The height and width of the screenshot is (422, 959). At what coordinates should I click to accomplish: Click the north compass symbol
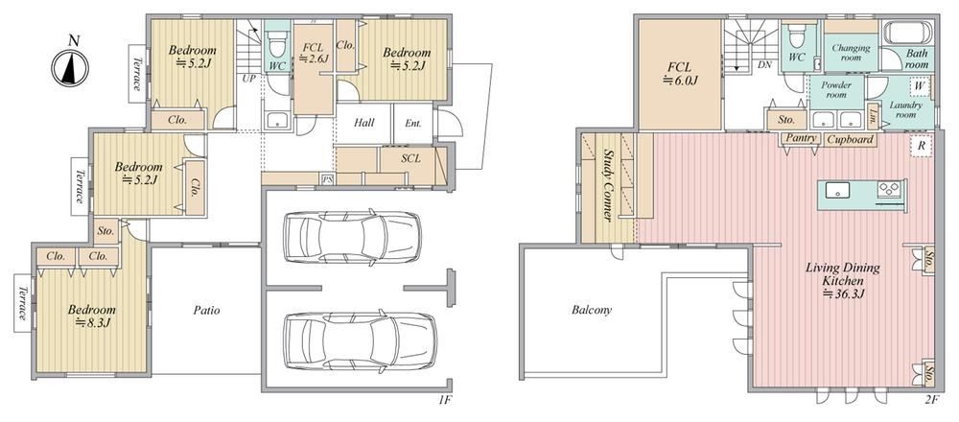70,66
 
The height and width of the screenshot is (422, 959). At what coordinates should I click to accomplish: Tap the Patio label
207,310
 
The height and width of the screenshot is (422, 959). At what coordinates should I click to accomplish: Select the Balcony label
592,310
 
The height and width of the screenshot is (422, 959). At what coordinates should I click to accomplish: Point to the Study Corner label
609,185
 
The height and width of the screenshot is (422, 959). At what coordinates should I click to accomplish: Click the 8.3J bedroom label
92,316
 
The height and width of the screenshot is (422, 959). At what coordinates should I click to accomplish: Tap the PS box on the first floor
328,179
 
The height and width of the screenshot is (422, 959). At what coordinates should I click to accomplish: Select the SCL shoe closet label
411,158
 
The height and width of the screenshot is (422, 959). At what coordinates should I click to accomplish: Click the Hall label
363,123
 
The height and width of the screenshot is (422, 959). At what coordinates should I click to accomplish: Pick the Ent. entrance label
412,123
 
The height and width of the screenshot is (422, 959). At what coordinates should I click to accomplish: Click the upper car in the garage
352,237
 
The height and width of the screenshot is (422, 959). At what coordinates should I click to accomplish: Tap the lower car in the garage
360,340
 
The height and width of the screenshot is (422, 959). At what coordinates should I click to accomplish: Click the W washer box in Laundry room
919,86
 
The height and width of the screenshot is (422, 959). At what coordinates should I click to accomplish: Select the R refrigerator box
921,147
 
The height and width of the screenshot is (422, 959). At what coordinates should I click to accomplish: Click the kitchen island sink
836,190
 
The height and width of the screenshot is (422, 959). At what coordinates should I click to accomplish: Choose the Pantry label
801,139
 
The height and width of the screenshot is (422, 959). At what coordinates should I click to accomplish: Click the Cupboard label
850,139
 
